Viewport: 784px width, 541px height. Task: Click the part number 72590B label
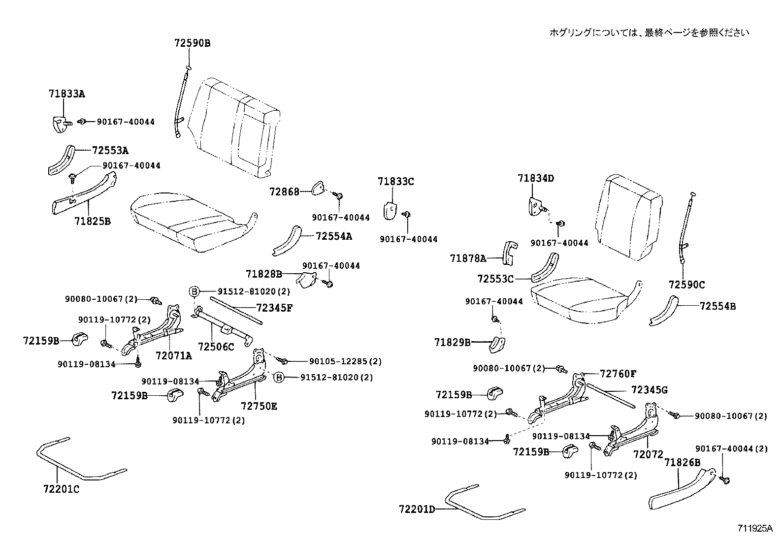(x=192, y=43)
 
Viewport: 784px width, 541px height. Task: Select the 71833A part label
(x=67, y=94)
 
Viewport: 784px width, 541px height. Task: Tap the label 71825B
(x=93, y=222)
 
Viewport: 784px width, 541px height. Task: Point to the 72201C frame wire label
(x=61, y=489)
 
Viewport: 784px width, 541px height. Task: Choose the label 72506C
(x=216, y=347)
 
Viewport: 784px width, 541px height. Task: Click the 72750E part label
(x=259, y=406)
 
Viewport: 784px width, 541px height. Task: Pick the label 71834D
(x=536, y=179)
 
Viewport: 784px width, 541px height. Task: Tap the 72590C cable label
(x=687, y=285)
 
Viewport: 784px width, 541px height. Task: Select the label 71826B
(x=682, y=463)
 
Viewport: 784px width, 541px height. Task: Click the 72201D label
(x=417, y=509)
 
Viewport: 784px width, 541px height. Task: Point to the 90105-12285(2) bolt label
(x=345, y=361)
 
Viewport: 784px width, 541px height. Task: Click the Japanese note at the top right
(x=649, y=32)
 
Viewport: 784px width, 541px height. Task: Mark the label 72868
(x=284, y=191)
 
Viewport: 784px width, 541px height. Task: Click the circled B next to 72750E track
(x=279, y=377)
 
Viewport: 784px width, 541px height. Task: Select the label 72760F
(x=618, y=374)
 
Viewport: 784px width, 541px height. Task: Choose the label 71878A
(x=468, y=258)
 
